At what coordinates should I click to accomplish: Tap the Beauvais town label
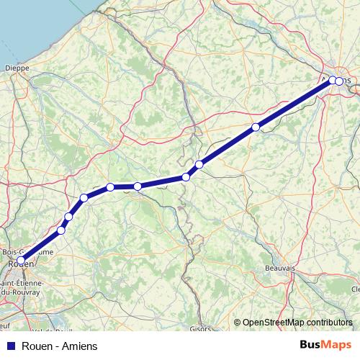[x=279, y=268]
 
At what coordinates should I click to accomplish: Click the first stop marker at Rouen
[x=22, y=260]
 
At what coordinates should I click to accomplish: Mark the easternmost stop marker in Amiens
[x=339, y=81]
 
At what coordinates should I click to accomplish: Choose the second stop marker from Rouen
[x=61, y=230]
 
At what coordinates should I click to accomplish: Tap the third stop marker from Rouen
[x=69, y=217]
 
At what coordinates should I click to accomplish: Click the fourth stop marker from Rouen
[x=84, y=198]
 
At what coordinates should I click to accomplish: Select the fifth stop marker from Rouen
[x=111, y=187]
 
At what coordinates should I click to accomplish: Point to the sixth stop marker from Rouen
[x=138, y=186]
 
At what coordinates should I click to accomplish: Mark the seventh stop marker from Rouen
[x=186, y=177]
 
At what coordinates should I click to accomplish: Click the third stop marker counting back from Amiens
[x=256, y=127]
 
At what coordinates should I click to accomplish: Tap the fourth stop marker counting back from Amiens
[x=199, y=164]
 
